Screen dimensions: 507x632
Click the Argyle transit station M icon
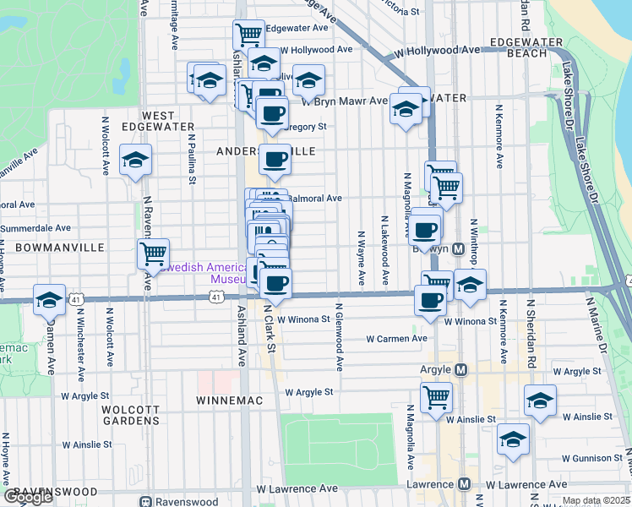[x=461, y=370]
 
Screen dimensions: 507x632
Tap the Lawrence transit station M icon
[x=464, y=484]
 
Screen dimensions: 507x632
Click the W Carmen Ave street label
[x=396, y=339]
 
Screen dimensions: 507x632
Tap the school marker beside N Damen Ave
[x=49, y=299]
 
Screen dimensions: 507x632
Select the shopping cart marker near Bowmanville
[x=153, y=253]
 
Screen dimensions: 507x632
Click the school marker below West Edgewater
[x=135, y=161]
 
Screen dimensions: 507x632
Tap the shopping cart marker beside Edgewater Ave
[x=248, y=35]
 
